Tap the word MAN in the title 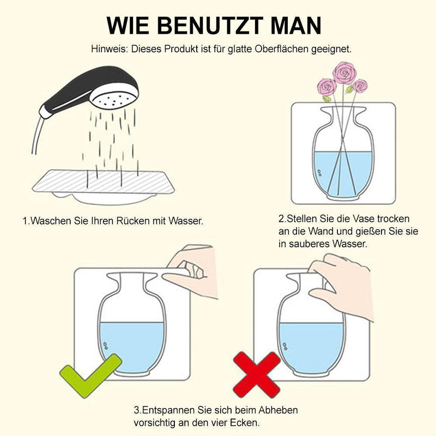pos(295,25)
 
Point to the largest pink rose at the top pos(344,72)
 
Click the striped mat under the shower pos(104,182)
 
